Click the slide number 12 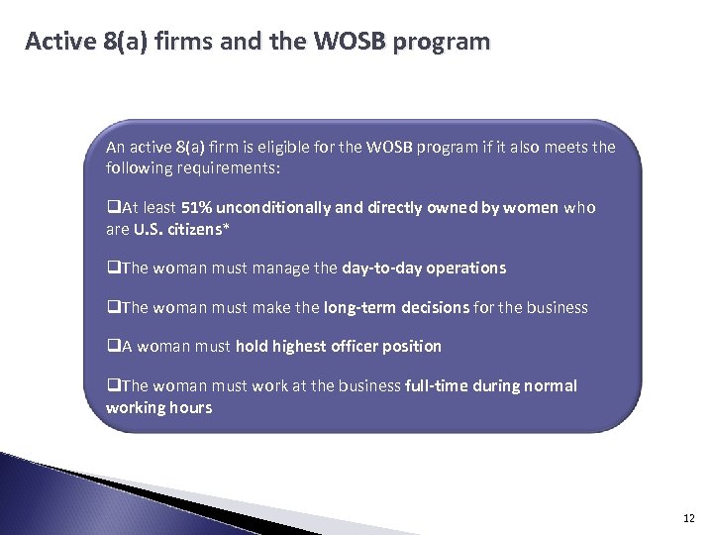click(687, 516)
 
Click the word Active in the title click(60, 43)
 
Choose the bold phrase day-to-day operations click(424, 267)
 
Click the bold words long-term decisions click(396, 307)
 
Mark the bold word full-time click(439, 385)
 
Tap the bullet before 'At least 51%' click(111, 209)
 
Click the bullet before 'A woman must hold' click(111, 347)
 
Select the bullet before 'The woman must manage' click(111, 268)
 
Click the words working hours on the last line click(158, 406)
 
